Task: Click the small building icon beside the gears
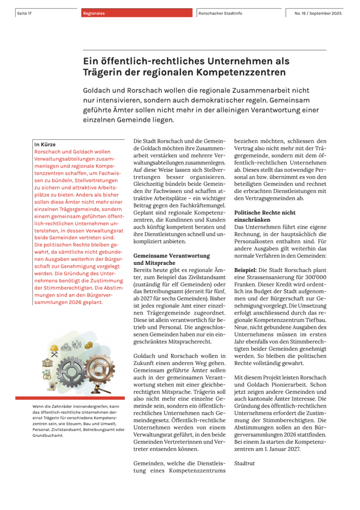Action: pyautogui.click(x=47, y=362)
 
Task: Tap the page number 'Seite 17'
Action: pyautogui.click(x=25, y=13)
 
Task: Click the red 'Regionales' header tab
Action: pyautogui.click(x=94, y=13)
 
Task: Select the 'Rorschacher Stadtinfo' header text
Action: pyautogui.click(x=220, y=13)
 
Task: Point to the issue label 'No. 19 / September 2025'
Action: pyautogui.click(x=318, y=13)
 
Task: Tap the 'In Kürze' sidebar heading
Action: pyautogui.click(x=45, y=144)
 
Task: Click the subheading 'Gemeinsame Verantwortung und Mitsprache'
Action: pyautogui.click(x=165, y=260)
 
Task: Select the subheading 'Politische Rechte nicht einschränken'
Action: pyautogui.click(x=265, y=216)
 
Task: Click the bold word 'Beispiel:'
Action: pyautogui.click(x=245, y=270)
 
